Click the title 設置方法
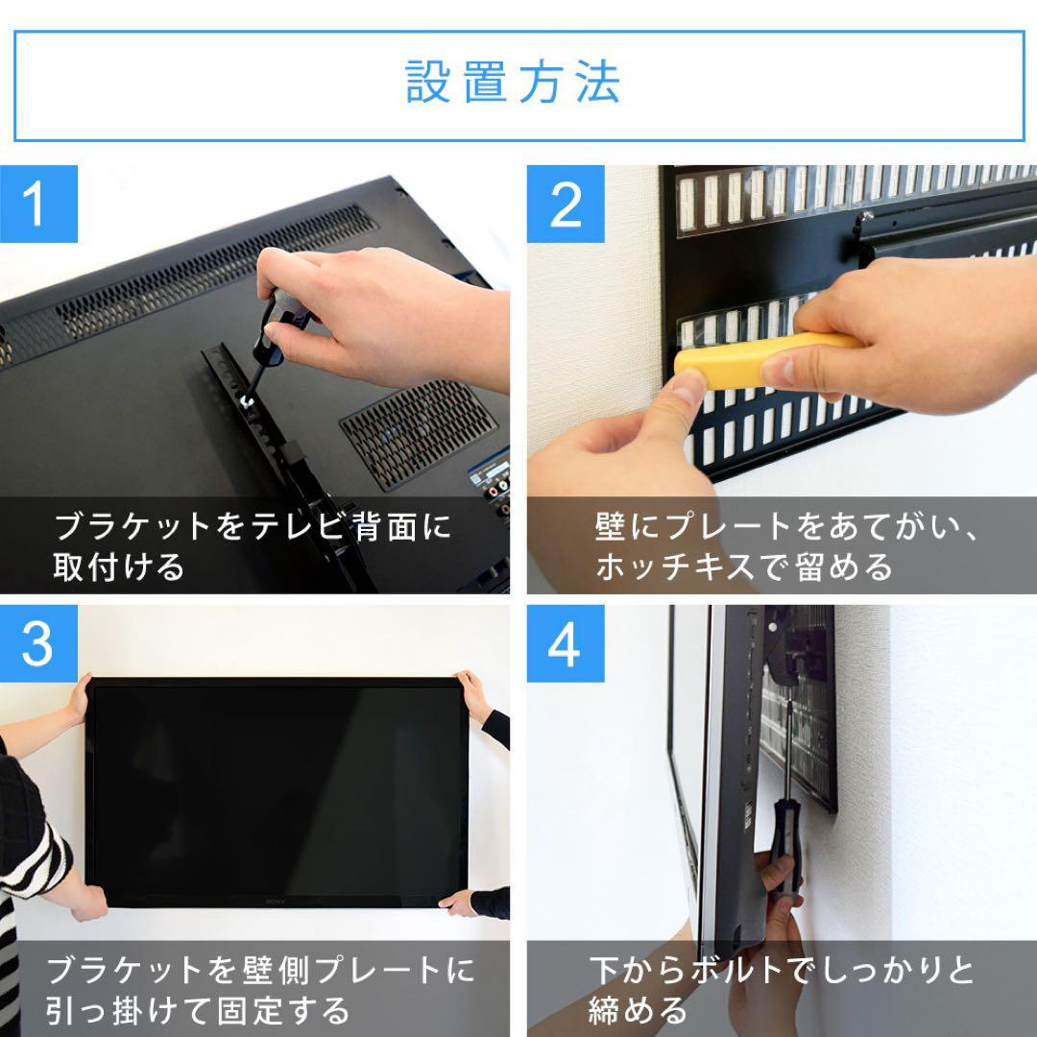pos(514,84)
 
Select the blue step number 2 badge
pos(566,204)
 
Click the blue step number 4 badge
pos(566,643)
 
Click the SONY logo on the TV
pos(276,900)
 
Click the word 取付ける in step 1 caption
pos(119,567)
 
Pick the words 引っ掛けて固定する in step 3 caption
pos(199,1010)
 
